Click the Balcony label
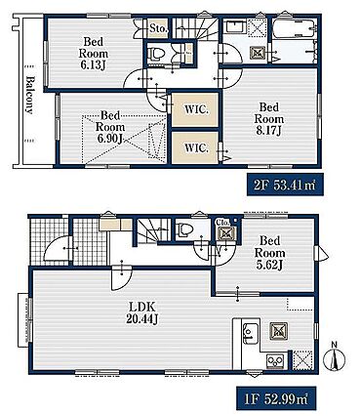[29, 95]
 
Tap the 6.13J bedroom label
[93, 54]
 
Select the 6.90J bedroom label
[109, 127]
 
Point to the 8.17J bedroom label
[269, 119]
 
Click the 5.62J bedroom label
[269, 253]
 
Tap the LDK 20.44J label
[142, 312]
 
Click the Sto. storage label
[159, 28]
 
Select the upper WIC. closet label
[196, 109]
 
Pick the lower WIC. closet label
[196, 148]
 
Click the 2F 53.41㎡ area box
[285, 185]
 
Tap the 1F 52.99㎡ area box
[276, 397]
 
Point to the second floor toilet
[156, 54]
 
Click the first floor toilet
[183, 229]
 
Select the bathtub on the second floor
[294, 29]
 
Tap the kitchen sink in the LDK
[251, 333]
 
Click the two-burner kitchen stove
[275, 361]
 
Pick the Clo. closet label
[223, 223]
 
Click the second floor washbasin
[236, 26]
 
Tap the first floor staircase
[153, 230]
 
